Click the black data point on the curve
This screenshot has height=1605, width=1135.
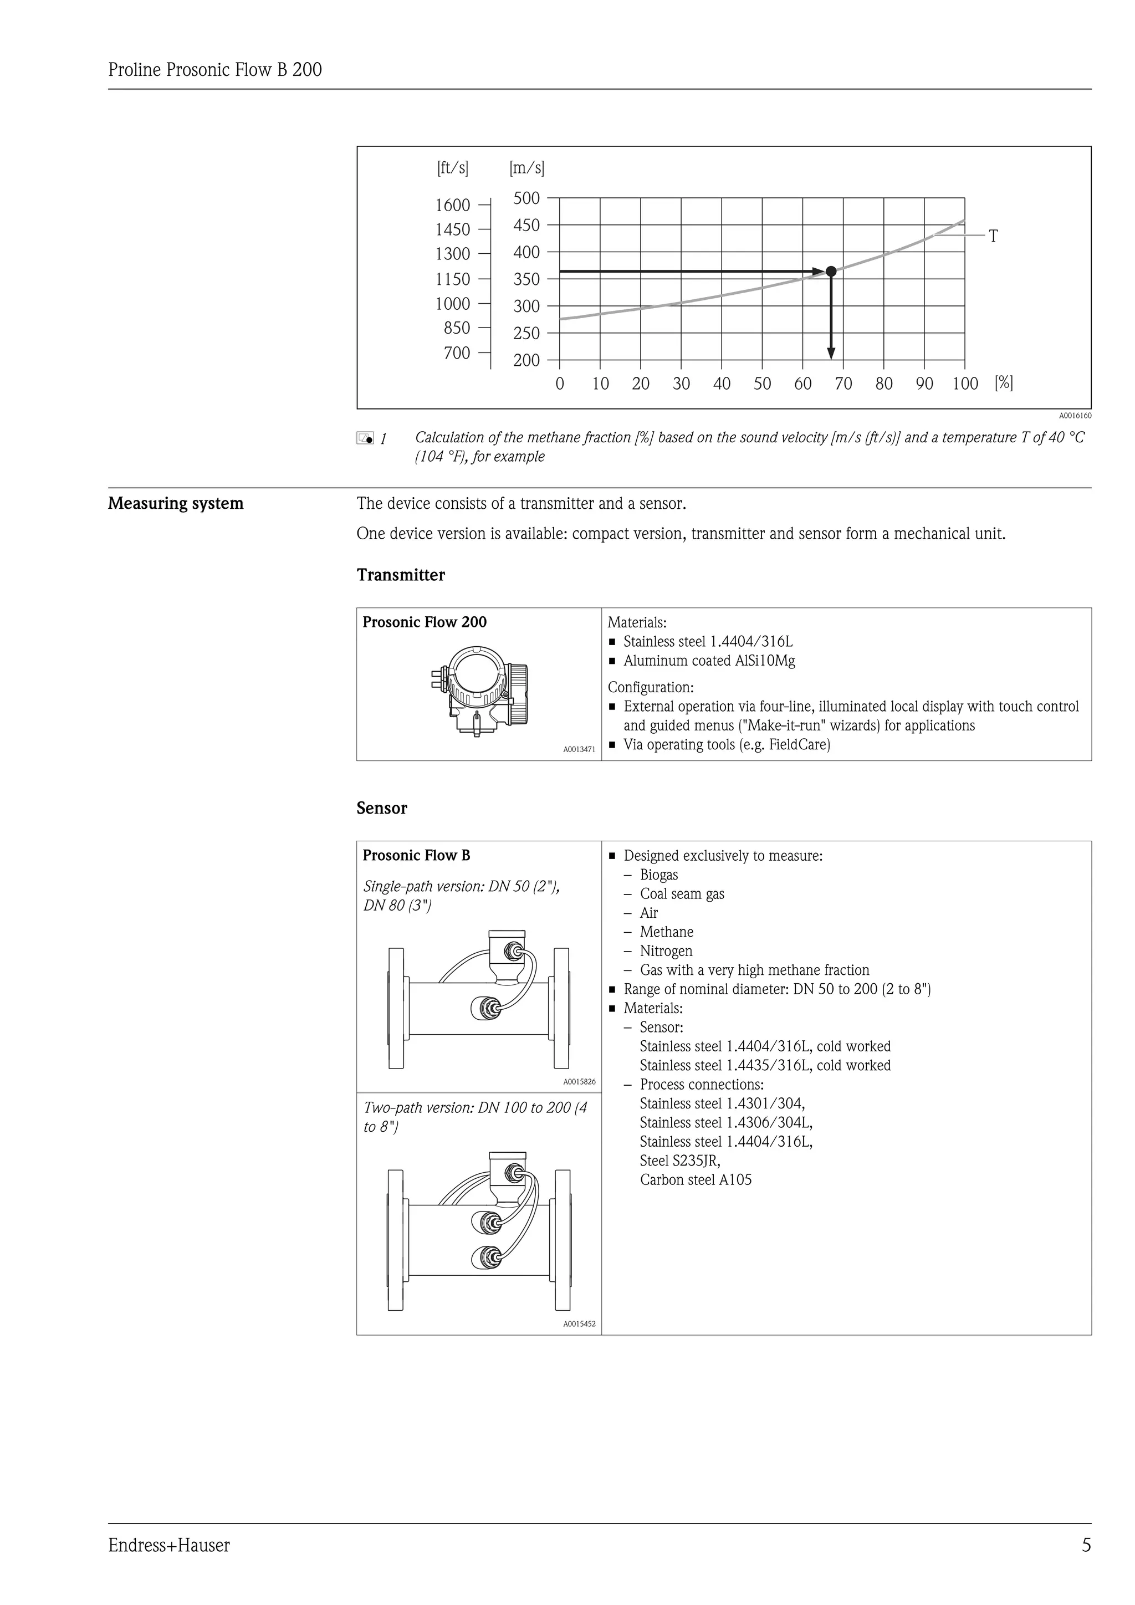(831, 271)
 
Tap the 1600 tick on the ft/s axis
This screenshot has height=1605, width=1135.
(453, 205)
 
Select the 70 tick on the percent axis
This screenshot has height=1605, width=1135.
(843, 383)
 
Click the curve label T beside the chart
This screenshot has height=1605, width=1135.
(993, 236)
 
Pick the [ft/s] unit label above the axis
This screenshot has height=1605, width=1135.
(453, 168)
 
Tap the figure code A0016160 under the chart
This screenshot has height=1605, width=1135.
(1075, 415)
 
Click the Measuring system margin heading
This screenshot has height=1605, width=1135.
(176, 503)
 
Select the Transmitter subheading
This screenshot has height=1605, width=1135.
(401, 575)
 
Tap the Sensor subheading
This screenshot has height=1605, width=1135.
(382, 808)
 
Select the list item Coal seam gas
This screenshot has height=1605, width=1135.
(682, 893)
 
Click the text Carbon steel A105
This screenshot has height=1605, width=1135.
(696, 1179)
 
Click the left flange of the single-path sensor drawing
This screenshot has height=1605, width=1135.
(396, 1008)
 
